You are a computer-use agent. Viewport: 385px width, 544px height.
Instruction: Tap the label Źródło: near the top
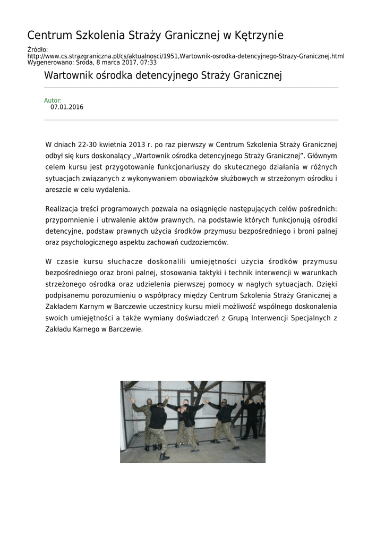pos(38,50)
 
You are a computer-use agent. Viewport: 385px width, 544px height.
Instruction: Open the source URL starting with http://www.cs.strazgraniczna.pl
pos(186,56)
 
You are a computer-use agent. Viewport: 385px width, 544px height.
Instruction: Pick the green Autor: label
pos(53,100)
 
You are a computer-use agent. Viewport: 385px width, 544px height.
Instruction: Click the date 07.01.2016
pos(67,107)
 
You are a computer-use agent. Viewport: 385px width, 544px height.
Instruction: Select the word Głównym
pos(321,156)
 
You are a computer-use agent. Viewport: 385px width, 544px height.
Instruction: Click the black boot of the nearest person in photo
pos(164,456)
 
